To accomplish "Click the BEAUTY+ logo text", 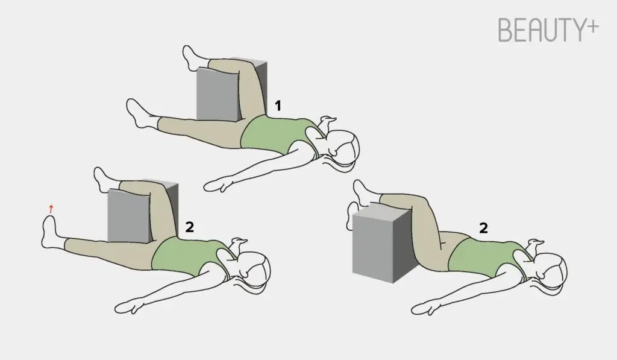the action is (x=548, y=30).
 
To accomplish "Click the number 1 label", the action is (x=278, y=106).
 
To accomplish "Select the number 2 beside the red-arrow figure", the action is (x=189, y=227).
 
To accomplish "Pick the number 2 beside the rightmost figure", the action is (x=483, y=228).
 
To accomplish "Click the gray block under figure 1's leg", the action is (x=231, y=90).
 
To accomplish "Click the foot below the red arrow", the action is (x=51, y=232).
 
